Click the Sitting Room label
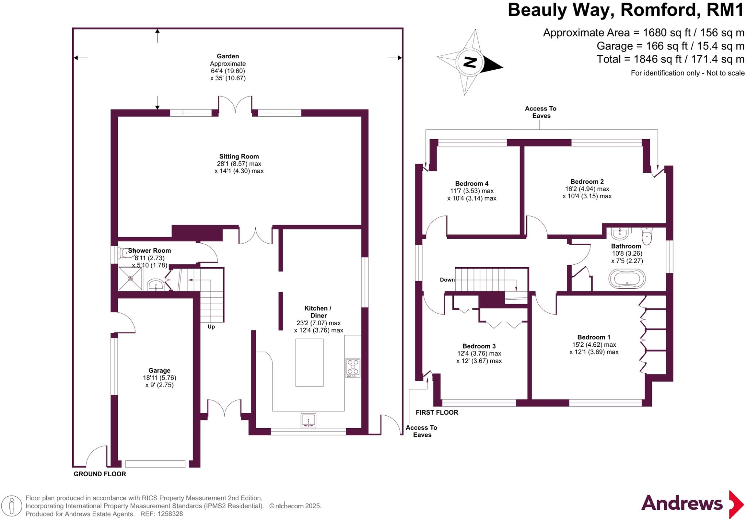[239, 156]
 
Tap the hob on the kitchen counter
[353, 368]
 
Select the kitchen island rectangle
[309, 362]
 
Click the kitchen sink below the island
[309, 420]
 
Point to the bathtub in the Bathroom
[627, 279]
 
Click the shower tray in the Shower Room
[130, 279]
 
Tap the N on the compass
[470, 63]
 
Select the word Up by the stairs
[211, 327]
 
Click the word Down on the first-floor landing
[447, 280]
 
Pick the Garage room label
[159, 370]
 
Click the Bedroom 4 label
[472, 183]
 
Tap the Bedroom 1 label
[593, 337]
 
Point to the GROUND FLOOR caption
[100, 474]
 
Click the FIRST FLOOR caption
[437, 412]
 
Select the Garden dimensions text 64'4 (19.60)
[228, 71]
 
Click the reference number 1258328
[170, 514]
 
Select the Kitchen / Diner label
[318, 312]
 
